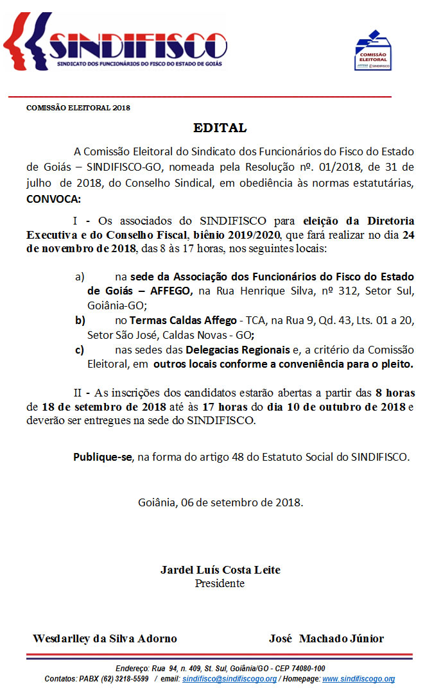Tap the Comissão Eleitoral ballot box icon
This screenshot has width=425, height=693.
(373, 50)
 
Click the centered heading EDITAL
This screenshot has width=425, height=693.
(220, 128)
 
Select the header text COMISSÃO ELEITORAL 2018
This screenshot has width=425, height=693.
(78, 108)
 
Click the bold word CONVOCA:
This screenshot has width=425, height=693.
(53, 198)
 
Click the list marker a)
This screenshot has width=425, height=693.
(80, 277)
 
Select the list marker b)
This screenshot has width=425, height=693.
(80, 320)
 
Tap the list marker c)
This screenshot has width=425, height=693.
(80, 350)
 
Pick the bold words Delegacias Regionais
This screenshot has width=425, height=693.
(238, 350)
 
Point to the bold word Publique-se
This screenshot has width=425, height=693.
(103, 457)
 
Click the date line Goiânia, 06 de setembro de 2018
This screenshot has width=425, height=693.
(220, 502)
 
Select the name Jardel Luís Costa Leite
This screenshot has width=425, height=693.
(220, 570)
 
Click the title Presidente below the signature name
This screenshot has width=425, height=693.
(220, 583)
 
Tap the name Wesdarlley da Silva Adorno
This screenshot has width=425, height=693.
(105, 638)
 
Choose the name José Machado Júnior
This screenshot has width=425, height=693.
(326, 638)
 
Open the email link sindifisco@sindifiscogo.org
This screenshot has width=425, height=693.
(229, 679)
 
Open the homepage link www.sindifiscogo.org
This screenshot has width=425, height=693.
(358, 679)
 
